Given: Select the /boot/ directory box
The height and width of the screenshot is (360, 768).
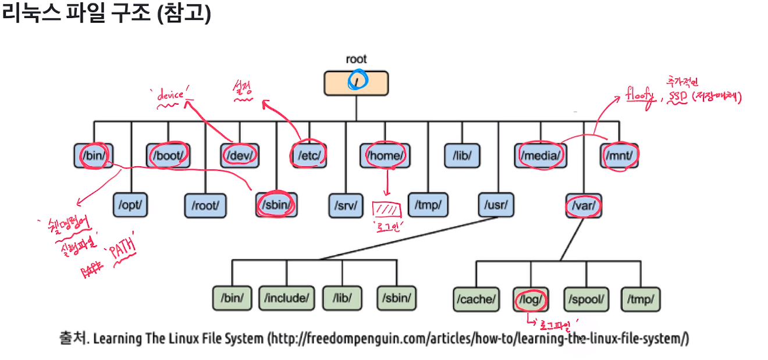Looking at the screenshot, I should click(168, 156).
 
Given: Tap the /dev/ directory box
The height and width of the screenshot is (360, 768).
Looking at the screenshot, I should click(240, 156).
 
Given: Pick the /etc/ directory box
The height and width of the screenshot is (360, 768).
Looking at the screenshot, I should click(309, 156).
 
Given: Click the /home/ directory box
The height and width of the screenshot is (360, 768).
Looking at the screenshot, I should click(385, 156).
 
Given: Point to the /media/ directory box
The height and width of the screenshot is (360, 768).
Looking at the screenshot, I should click(541, 156).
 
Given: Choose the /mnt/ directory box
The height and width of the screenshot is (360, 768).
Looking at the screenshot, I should click(620, 156).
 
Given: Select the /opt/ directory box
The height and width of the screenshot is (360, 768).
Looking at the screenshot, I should click(130, 205).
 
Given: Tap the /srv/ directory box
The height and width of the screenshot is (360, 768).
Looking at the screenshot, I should click(346, 205).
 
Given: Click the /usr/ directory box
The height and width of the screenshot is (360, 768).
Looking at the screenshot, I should click(496, 205).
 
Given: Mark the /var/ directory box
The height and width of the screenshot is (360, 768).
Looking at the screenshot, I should click(584, 205).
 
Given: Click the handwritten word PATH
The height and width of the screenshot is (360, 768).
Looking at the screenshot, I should click(121, 251).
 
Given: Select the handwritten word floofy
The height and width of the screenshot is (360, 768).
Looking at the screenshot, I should click(640, 94).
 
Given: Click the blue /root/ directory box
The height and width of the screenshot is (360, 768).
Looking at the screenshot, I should click(205, 205).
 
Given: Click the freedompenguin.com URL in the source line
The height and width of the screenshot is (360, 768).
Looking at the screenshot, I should click(477, 338).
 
